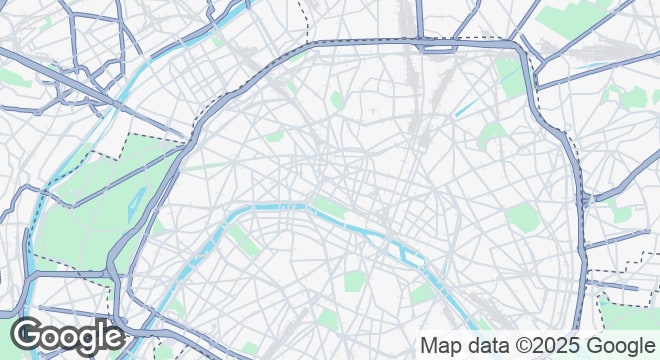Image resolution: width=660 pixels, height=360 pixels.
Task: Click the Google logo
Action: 67,337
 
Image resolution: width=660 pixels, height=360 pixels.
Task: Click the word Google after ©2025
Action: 620,345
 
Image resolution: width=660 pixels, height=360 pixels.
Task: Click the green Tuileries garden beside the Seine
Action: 328,207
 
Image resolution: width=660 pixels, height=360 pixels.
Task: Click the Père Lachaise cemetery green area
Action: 522,216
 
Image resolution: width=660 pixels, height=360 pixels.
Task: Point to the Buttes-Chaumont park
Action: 492,135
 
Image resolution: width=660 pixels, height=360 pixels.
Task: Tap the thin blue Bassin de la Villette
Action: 466,107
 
